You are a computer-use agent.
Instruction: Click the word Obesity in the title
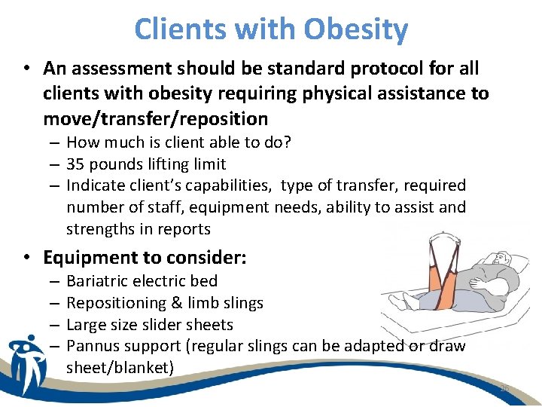coord(356,30)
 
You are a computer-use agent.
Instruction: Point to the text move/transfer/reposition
coord(156,118)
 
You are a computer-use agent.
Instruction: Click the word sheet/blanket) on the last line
coord(120,368)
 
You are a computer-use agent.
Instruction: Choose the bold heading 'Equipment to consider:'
coord(145,258)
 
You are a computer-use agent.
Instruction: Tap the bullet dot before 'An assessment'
coord(27,69)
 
